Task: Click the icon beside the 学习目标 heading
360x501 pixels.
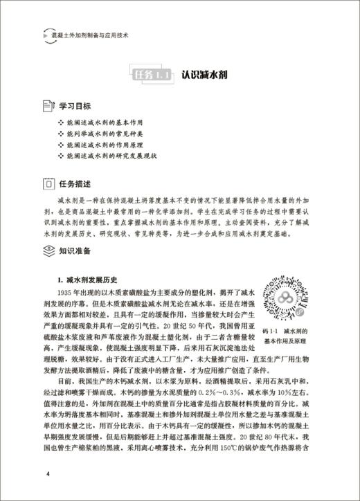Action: tap(48, 107)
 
